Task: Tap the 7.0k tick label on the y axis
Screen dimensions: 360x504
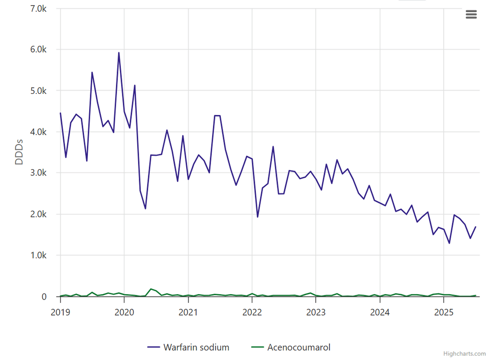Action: pyautogui.click(x=38, y=8)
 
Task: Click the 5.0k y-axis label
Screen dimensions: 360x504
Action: pyautogui.click(x=38, y=91)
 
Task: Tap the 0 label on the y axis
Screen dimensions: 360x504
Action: pyautogui.click(x=44, y=297)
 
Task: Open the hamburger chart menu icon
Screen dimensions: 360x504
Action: pyautogui.click(x=471, y=15)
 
